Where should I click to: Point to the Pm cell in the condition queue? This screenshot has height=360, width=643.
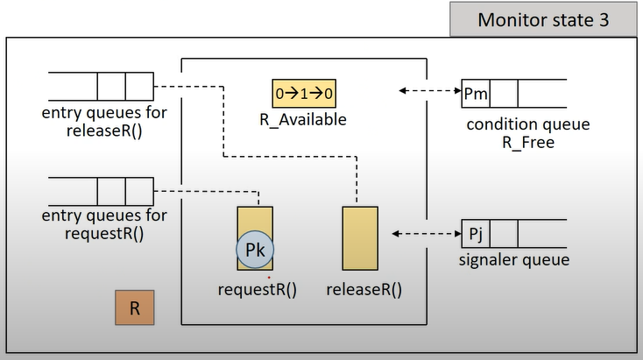(476, 93)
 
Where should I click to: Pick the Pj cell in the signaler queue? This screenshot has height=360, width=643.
(476, 234)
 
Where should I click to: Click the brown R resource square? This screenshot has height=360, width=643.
(135, 308)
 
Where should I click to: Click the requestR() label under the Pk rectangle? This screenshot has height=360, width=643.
(257, 290)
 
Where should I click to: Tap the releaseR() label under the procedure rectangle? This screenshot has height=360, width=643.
(364, 290)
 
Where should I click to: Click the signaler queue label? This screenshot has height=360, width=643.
(514, 260)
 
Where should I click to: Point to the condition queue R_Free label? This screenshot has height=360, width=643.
(527, 133)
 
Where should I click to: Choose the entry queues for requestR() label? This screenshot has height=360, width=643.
(104, 225)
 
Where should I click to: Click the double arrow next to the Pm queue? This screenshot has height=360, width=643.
(430, 91)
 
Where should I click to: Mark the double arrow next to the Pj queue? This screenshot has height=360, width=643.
(427, 234)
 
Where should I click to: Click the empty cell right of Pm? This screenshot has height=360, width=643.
(504, 93)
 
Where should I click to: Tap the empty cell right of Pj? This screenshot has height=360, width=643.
(504, 234)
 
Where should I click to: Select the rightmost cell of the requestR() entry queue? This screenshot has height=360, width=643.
(139, 190)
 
